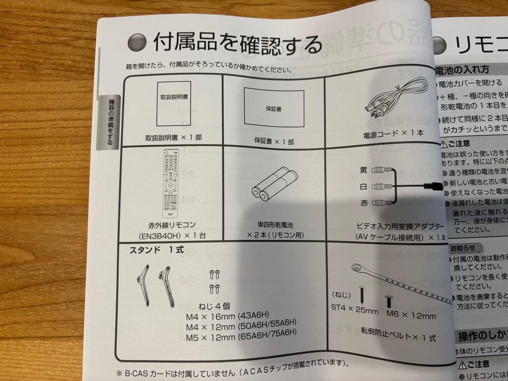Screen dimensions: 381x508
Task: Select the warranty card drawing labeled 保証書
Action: click(273, 107)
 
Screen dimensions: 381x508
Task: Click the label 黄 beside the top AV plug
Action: click(363, 170)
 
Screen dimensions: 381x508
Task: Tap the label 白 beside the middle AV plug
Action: click(363, 187)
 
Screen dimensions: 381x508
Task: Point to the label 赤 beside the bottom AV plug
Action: click(363, 203)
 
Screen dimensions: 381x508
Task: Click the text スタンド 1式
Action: click(153, 250)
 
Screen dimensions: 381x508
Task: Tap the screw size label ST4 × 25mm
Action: click(355, 311)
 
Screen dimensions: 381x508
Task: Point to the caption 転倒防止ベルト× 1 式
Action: click(398, 338)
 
